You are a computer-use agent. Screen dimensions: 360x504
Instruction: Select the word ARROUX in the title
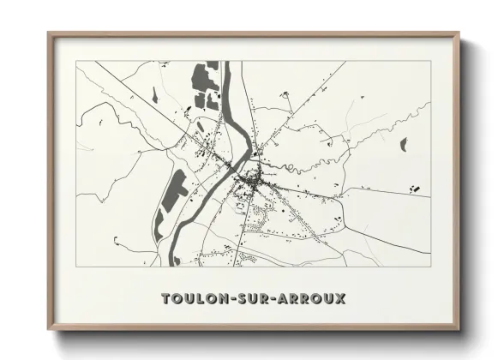(x=309, y=299)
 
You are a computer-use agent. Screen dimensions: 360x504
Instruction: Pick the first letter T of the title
(x=165, y=299)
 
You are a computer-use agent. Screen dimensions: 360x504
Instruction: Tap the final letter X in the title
(x=341, y=299)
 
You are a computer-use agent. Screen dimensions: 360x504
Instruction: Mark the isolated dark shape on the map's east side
(x=403, y=144)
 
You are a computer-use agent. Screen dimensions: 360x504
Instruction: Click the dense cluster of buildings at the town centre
(x=255, y=179)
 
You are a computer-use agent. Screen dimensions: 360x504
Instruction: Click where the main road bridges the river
(x=232, y=165)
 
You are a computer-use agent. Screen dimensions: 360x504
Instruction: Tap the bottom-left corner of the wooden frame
(x=49, y=328)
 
